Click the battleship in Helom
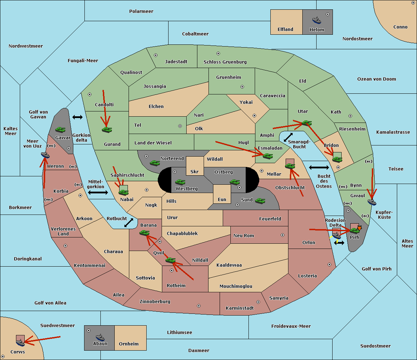(x=317, y=20)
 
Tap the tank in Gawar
(x=60, y=129)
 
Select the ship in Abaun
(x=100, y=337)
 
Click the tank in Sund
(x=260, y=201)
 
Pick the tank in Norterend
(x=155, y=163)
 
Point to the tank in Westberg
(x=180, y=182)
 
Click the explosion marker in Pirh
(x=359, y=228)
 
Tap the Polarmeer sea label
(x=141, y=11)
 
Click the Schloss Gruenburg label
(x=225, y=62)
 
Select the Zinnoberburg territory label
(x=155, y=302)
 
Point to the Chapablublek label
(x=182, y=233)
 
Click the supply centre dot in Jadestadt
(x=156, y=55)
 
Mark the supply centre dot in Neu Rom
(x=283, y=235)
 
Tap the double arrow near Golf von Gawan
(x=77, y=117)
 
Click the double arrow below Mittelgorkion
(x=98, y=192)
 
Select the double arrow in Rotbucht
(x=129, y=223)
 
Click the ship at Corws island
(x=20, y=342)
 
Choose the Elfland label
(x=285, y=30)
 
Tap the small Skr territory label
(x=195, y=171)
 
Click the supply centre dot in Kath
(x=350, y=116)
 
